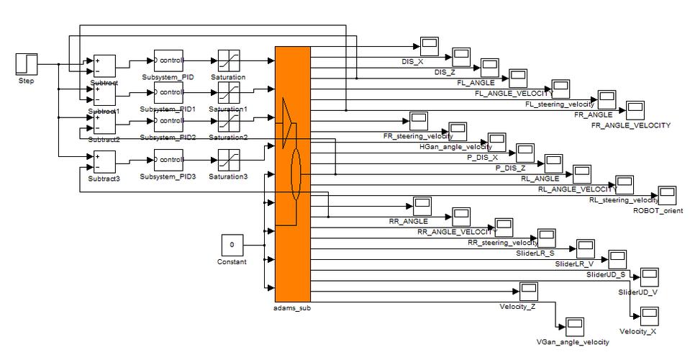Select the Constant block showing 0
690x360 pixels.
point(232,245)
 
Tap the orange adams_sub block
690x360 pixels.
point(293,173)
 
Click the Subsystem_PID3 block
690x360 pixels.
point(168,160)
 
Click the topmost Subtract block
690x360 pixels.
point(104,66)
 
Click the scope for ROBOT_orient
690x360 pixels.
point(668,195)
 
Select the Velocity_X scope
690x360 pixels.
point(650,316)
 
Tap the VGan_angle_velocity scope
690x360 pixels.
point(575,326)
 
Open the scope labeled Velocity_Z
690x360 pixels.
point(529,291)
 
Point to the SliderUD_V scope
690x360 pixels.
point(650,276)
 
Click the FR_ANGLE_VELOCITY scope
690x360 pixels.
point(635,110)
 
